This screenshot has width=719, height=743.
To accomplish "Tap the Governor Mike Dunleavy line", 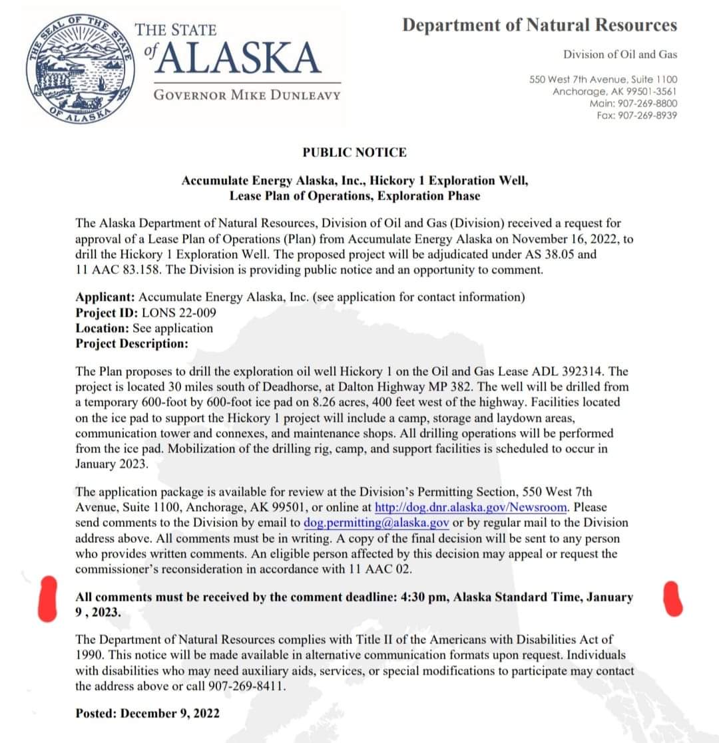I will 247,94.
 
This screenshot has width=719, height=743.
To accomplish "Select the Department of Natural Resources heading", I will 539,25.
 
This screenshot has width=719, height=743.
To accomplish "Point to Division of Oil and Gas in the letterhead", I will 620,54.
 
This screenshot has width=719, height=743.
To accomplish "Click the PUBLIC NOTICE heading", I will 354,152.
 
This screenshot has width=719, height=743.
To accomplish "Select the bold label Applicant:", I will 105,297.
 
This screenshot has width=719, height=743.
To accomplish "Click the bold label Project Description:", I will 132,343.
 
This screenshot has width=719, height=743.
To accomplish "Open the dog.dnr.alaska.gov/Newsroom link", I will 471,507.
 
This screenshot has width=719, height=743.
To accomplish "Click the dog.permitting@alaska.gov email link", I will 377,522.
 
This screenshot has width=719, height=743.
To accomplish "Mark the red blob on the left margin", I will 48,599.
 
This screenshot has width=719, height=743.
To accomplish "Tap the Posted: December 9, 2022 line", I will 147,712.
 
